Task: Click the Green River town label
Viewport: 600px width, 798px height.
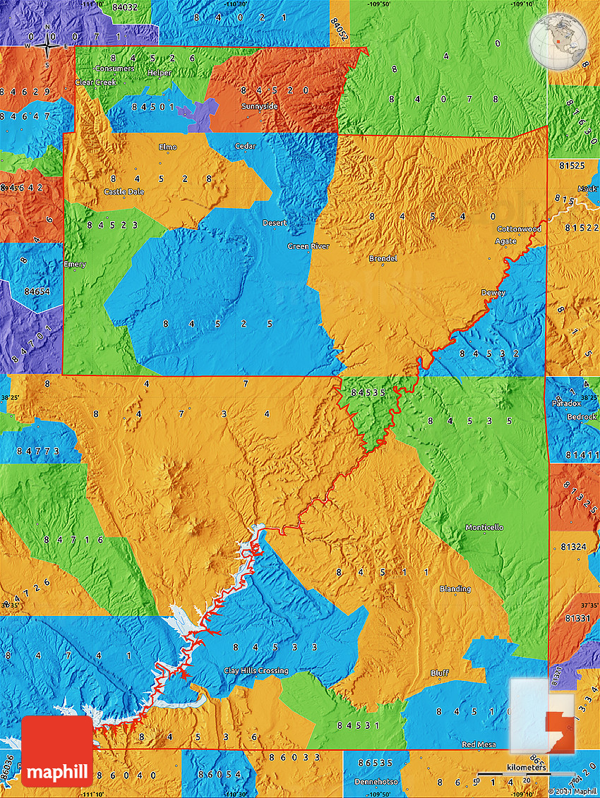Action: (308, 246)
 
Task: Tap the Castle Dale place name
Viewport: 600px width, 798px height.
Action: (124, 191)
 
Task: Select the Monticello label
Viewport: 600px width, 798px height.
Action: (484, 527)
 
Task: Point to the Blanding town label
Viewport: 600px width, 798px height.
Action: (455, 588)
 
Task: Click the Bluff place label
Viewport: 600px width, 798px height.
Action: (439, 673)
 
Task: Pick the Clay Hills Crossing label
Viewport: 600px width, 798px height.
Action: (256, 670)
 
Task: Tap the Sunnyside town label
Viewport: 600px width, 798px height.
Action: (260, 106)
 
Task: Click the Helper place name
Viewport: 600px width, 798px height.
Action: (160, 73)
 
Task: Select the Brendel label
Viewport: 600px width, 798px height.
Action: (383, 258)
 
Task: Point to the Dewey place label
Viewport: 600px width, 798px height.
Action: (493, 292)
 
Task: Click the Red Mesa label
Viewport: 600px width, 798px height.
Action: (478, 744)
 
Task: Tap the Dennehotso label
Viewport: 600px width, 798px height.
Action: (376, 782)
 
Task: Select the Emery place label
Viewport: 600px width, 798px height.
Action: (75, 265)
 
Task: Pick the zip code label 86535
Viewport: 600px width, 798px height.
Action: (375, 763)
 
